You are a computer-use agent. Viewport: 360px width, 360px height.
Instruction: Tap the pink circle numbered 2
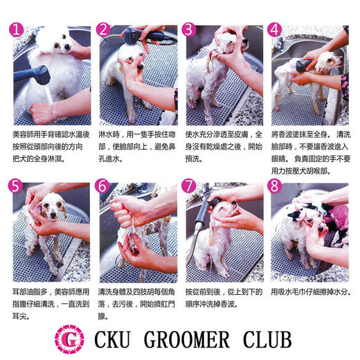coord(102,31)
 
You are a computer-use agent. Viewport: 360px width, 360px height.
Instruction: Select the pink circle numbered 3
coord(190,31)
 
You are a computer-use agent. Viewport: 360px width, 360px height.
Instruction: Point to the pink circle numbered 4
coord(276,31)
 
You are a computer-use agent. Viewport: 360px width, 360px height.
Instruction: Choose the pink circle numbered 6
coord(102,188)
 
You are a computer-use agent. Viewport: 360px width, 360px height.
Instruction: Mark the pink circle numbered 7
coord(190,188)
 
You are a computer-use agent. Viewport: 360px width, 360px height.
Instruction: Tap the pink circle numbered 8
coord(276,188)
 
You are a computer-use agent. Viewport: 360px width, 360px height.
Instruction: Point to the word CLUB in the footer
coord(276,339)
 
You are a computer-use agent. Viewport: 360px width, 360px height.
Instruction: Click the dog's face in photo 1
coord(62,45)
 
